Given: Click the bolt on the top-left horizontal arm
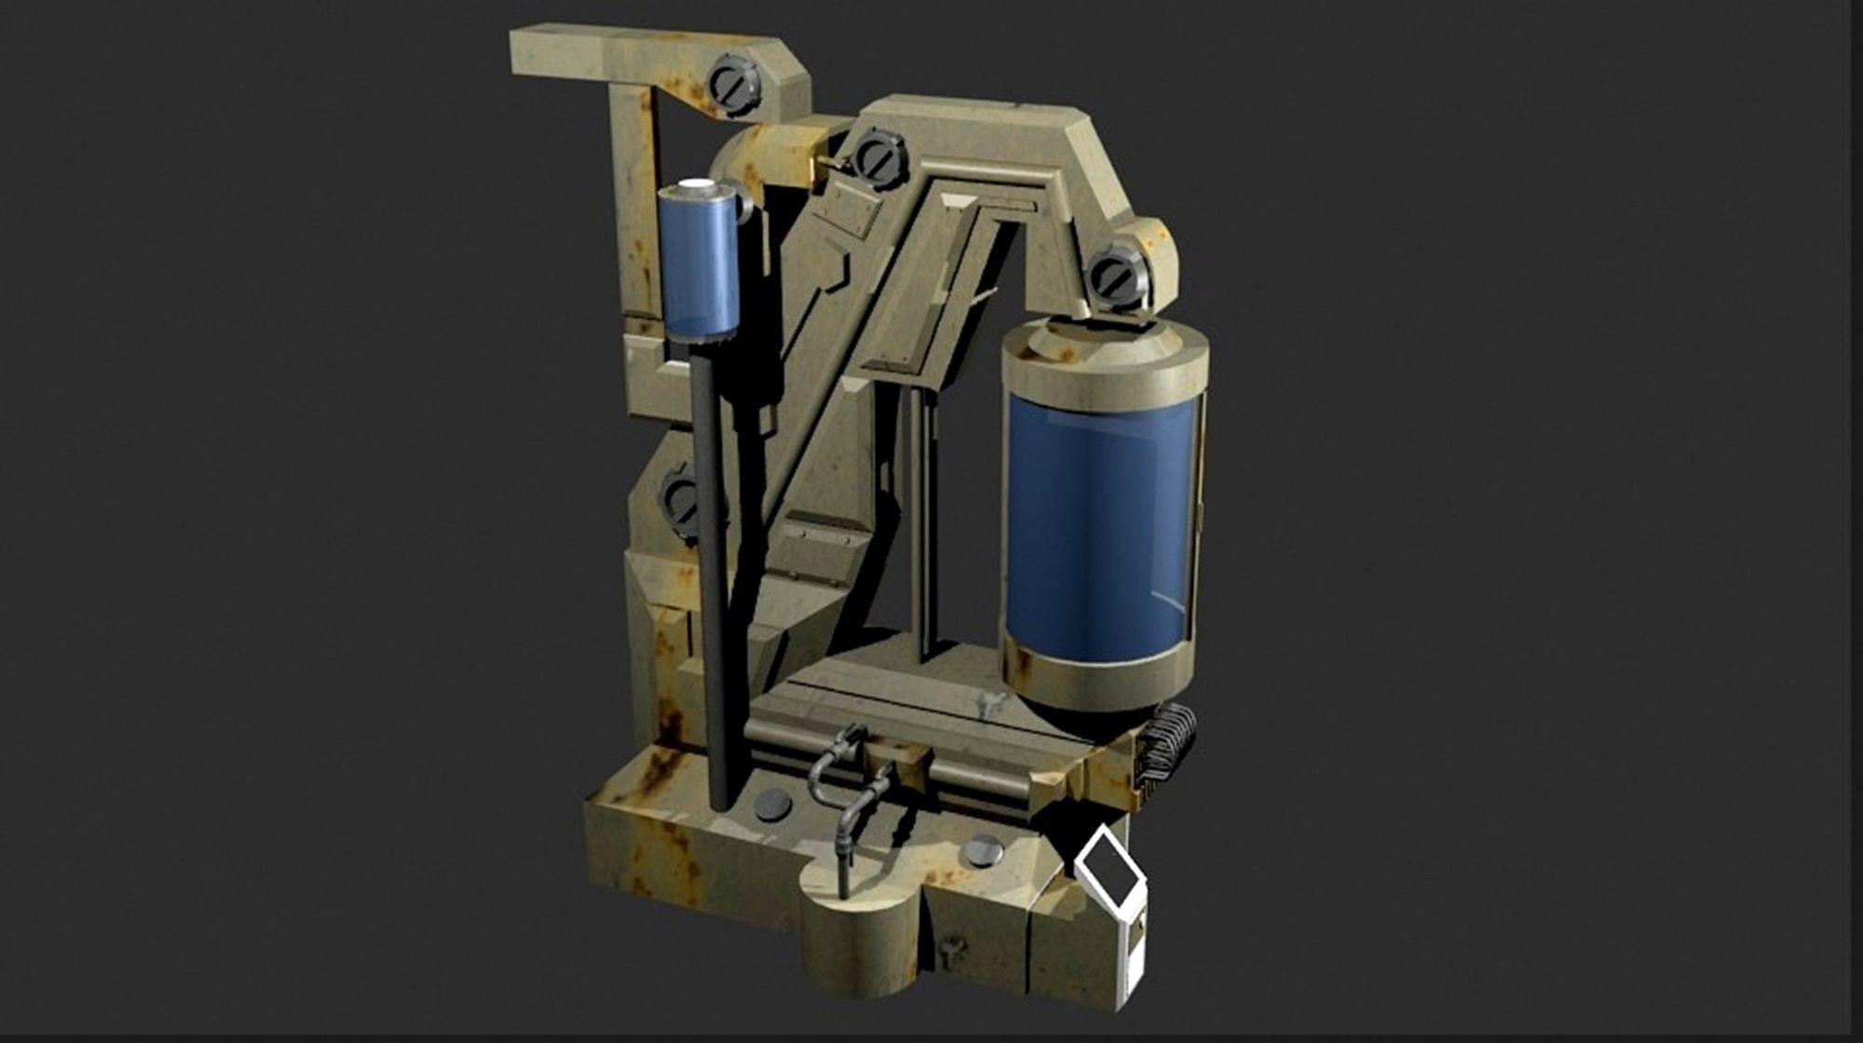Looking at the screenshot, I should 732,86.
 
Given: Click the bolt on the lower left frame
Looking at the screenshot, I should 681,503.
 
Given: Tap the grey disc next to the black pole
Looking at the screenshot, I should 773,805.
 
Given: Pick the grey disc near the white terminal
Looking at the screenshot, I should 984,849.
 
